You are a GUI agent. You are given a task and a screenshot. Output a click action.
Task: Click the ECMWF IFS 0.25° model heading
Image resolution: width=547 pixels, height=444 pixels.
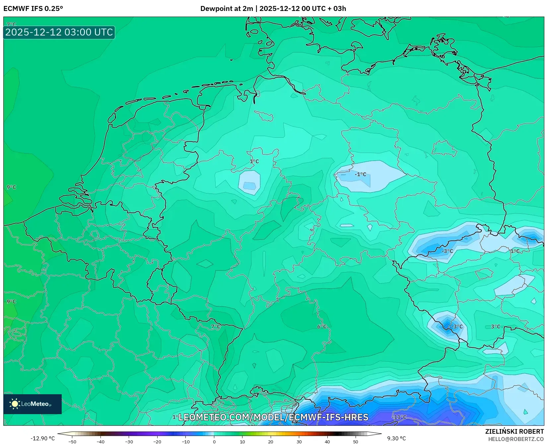33,9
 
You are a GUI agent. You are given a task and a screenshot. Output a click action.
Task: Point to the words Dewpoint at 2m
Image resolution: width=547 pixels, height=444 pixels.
227,9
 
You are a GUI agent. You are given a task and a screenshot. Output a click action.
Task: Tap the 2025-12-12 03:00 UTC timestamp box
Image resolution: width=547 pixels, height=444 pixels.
59,32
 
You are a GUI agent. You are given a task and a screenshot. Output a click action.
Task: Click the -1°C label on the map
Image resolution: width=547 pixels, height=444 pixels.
360,174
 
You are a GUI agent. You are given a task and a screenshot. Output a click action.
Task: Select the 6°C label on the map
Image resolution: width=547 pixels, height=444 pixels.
322,327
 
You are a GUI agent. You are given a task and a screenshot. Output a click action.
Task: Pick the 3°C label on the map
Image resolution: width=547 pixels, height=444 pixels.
495,327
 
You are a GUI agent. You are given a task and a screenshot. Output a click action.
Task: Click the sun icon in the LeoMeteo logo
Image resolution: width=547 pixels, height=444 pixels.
15,404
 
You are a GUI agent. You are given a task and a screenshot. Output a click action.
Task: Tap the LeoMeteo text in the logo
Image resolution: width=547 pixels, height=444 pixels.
35,404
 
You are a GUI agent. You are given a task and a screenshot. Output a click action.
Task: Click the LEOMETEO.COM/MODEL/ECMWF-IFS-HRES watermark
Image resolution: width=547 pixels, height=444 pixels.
273,417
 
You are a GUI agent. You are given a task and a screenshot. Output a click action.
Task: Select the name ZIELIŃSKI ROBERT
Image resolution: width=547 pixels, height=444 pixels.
514,432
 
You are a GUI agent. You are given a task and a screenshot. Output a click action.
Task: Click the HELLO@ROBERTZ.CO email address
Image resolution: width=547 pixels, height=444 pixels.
516,439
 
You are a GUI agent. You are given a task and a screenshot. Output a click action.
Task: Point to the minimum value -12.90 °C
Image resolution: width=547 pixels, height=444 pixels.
42,438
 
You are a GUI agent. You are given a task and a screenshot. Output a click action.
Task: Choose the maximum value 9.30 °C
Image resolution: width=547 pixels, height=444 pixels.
396,438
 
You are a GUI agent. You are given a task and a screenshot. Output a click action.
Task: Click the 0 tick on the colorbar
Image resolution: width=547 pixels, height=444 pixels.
214,442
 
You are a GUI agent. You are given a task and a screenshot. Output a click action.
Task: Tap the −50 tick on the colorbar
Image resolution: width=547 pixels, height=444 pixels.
72,442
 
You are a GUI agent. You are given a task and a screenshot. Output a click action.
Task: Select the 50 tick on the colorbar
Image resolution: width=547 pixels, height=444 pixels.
356,442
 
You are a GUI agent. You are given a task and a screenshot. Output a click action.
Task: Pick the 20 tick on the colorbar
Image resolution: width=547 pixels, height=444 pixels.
271,442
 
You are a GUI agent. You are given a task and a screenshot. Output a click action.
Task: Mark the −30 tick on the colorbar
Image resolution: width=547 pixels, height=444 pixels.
129,442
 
